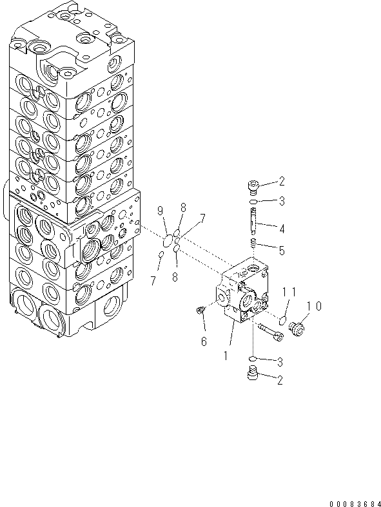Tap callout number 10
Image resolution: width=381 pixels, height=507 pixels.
point(314,305)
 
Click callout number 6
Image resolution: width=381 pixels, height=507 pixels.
point(204,341)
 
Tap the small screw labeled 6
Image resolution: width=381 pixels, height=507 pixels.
point(200,312)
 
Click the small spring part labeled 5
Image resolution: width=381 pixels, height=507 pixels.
point(253,243)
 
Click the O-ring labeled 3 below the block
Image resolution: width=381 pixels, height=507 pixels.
point(253,358)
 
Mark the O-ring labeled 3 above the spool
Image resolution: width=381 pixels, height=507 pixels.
point(253,202)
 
